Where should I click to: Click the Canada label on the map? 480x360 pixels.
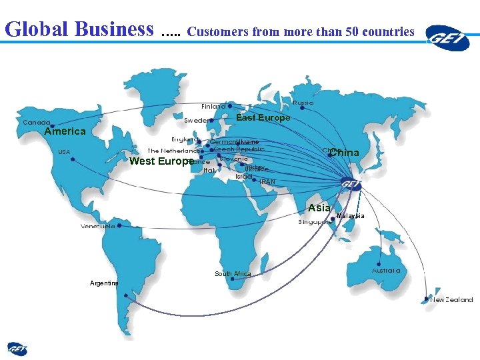(x=37, y=123)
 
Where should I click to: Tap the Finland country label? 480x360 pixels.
(x=213, y=106)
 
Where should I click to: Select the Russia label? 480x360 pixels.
(x=303, y=103)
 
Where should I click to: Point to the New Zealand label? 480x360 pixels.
(x=451, y=300)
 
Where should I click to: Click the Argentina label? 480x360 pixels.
(x=104, y=283)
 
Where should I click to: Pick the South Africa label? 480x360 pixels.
(x=233, y=274)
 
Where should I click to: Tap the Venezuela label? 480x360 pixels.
(x=97, y=227)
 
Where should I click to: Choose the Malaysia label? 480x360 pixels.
(x=351, y=216)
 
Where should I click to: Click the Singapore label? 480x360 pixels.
(x=315, y=222)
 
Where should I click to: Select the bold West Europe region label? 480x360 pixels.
(x=161, y=161)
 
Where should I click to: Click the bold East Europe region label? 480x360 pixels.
(x=263, y=118)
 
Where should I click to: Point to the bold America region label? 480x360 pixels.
(x=65, y=132)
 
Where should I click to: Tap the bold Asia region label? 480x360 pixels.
(x=319, y=208)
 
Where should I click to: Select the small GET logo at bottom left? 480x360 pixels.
(x=17, y=348)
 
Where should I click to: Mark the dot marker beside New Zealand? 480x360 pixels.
(x=426, y=299)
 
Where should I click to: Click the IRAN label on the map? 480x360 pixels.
(x=267, y=182)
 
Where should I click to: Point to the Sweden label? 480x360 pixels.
(x=195, y=121)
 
